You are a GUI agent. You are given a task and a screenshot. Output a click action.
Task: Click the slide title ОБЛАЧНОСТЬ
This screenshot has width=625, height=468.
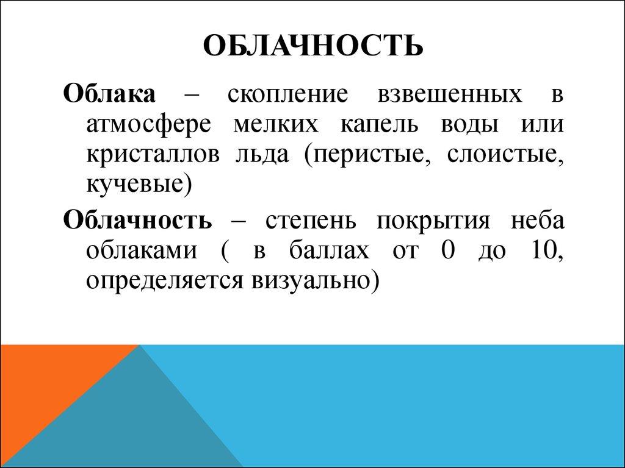(x=312, y=46)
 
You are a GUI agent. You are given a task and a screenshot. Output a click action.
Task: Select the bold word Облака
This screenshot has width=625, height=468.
(x=110, y=95)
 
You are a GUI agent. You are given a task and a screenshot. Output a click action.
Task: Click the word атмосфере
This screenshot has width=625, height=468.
(x=148, y=126)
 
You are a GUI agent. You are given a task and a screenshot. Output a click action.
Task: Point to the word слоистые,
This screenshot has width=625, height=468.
(x=502, y=155)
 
